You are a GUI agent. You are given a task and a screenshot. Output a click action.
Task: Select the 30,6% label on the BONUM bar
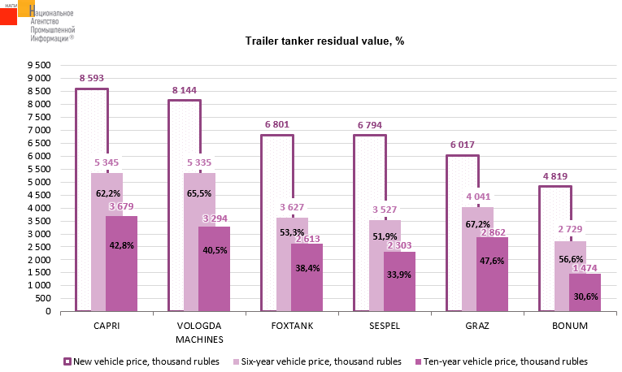pos(585,296)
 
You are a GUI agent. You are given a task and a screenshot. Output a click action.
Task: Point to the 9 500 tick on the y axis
pos(38,65)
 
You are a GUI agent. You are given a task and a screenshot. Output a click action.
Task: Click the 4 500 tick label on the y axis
pos(38,195)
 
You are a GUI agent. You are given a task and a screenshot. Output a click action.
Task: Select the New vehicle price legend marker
pos(67,361)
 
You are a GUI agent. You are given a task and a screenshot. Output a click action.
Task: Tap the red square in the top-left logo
pos(8,14)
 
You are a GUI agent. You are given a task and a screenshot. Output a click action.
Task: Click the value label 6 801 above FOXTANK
pos(276,125)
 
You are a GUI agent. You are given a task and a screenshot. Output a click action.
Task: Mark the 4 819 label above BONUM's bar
pos(555,176)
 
